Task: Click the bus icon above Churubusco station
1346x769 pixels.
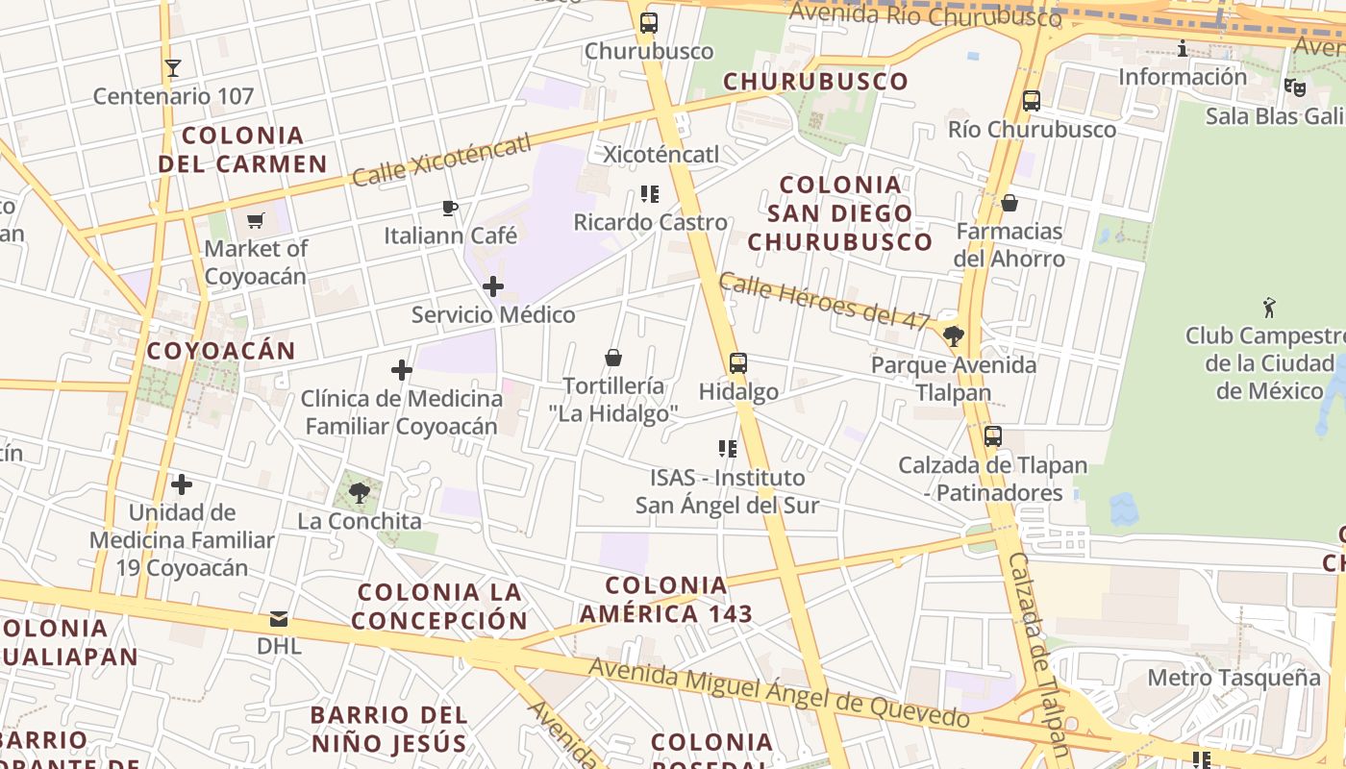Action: coord(649,23)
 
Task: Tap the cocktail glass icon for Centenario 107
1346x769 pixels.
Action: coord(173,68)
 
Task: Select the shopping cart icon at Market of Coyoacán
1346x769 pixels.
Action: coord(255,221)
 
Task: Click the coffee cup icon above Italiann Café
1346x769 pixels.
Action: coord(449,208)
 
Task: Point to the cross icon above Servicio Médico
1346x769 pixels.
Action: coord(492,286)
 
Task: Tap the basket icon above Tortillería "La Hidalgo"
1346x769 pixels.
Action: coord(613,358)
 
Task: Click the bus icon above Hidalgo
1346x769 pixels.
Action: coord(737,363)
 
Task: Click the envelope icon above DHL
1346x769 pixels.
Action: coord(279,618)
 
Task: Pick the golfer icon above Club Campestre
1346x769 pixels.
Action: coord(1269,308)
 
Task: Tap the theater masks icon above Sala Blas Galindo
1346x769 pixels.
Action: coord(1295,87)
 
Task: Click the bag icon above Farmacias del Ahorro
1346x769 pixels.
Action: coord(1009,203)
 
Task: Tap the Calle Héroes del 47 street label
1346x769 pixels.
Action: coord(824,302)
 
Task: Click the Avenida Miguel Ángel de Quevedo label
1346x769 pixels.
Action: coord(779,693)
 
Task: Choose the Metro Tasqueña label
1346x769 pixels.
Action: coord(1234,678)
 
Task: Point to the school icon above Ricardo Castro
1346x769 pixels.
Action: coord(650,194)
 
